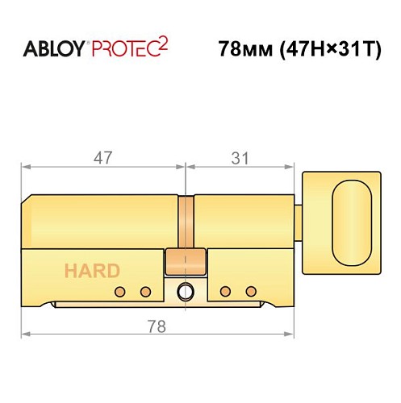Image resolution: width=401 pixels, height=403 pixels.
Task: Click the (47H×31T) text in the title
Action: pos(324,48)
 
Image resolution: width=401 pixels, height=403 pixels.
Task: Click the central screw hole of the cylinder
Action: pos(186,292)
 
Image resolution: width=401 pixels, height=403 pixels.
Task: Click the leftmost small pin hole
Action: pos(121,291)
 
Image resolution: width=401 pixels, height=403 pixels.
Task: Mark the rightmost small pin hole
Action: pos(251,291)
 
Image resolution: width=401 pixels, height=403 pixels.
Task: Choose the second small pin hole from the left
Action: pos(146,291)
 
